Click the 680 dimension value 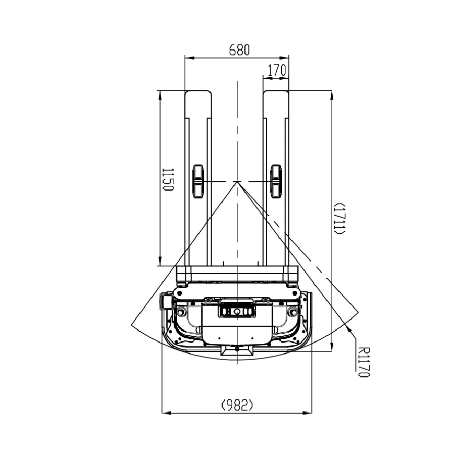[239, 50]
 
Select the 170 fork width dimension [277, 70]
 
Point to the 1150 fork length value [168, 180]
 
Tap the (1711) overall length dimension [339, 219]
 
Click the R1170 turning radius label [363, 362]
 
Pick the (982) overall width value [237, 405]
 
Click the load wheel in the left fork [198, 181]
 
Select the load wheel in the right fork [276, 181]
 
